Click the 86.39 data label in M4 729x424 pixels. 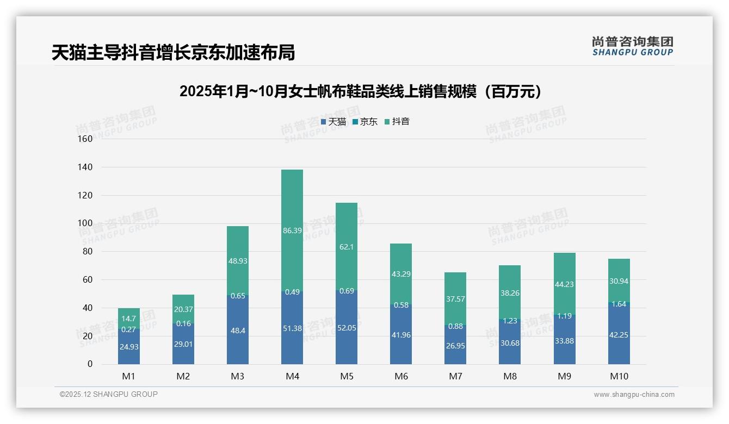(292, 230)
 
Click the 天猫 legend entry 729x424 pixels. (333, 122)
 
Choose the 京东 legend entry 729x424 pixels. (365, 122)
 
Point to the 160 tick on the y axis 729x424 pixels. (86, 139)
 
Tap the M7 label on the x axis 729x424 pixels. (455, 376)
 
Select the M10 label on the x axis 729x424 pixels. (619, 376)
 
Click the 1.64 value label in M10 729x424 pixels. (619, 304)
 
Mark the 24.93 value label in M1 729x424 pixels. (129, 347)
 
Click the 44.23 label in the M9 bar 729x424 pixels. (564, 284)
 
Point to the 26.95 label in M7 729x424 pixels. (455, 345)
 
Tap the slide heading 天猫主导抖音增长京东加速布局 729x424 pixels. (173, 53)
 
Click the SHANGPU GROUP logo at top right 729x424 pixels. (632, 46)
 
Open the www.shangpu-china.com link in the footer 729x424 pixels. (634, 395)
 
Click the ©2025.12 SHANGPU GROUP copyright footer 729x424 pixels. (109, 394)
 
